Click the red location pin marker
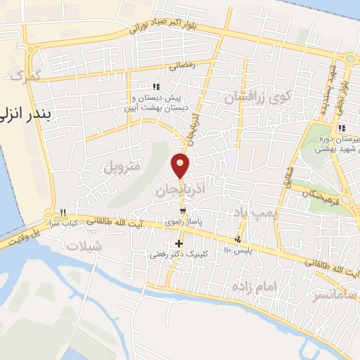tap(181, 165)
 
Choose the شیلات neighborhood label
tap(82, 246)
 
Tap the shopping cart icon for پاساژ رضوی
tap(183, 210)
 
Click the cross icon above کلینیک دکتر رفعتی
tap(179, 243)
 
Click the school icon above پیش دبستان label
tap(156, 86)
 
